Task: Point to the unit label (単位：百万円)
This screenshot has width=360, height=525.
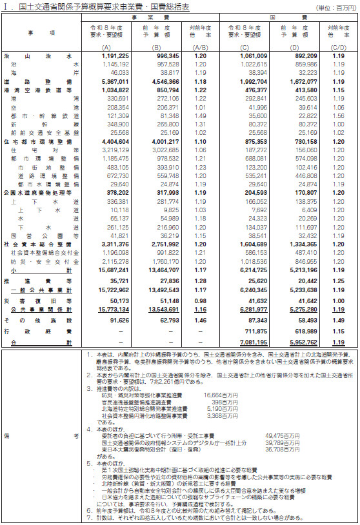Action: (335, 7)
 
